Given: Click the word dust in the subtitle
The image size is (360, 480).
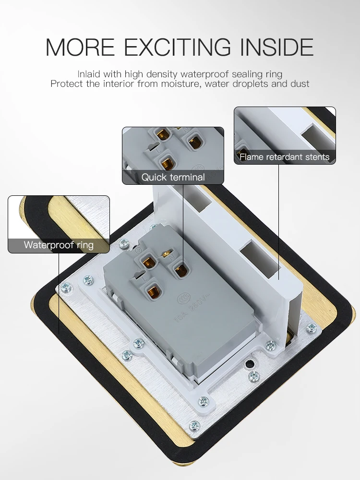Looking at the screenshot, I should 300,84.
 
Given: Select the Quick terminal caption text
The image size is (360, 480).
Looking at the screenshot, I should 173,177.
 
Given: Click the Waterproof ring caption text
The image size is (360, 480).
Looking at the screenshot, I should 59,245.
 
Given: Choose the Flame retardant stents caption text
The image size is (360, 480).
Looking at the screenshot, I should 284,157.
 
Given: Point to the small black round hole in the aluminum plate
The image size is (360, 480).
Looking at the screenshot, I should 249,364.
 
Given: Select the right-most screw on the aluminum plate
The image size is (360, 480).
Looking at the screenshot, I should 312,328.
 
